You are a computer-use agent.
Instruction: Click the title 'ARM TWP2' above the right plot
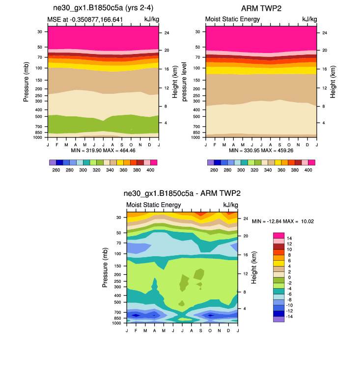(x=261, y=9)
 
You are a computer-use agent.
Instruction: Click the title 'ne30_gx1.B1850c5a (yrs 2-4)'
(x=103, y=9)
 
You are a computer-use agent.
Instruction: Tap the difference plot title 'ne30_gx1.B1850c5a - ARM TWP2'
(x=182, y=193)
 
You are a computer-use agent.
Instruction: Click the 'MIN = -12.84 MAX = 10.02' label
(x=283, y=221)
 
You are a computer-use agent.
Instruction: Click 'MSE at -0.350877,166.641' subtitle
(x=85, y=20)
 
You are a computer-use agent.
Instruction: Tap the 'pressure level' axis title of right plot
(x=185, y=81)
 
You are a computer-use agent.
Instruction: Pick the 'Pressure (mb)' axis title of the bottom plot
(x=105, y=268)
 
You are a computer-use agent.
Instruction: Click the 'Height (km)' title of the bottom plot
(x=254, y=267)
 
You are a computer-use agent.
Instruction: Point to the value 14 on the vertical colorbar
(x=289, y=238)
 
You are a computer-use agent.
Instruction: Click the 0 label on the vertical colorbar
(x=289, y=277)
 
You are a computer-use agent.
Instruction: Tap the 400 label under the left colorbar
(x=150, y=170)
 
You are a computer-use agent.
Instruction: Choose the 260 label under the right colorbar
(x=214, y=170)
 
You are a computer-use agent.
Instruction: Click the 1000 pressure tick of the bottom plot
(x=116, y=323)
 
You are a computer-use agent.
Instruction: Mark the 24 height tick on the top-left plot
(x=166, y=33)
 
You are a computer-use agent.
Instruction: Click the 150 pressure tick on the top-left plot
(x=38, y=80)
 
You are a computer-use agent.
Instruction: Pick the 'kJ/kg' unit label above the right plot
(x=309, y=20)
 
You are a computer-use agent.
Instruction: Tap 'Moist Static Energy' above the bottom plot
(x=153, y=205)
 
